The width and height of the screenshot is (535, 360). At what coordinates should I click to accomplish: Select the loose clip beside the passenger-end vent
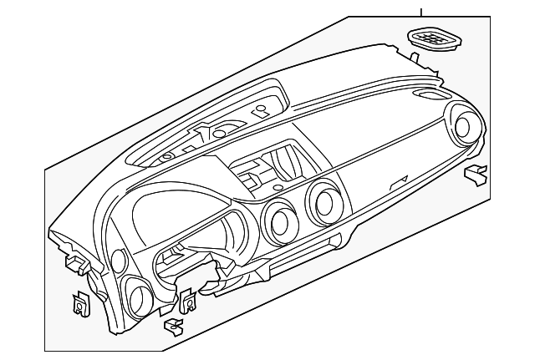(x=476, y=174)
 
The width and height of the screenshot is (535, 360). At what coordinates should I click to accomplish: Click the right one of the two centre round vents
(x=323, y=201)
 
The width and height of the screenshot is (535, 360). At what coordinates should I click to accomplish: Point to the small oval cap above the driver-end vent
(x=117, y=261)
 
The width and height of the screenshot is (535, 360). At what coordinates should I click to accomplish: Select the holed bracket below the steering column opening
(x=186, y=300)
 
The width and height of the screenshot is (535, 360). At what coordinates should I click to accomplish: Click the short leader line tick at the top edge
(x=421, y=11)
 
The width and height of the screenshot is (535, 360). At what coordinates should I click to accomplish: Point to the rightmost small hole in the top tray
(x=262, y=109)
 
